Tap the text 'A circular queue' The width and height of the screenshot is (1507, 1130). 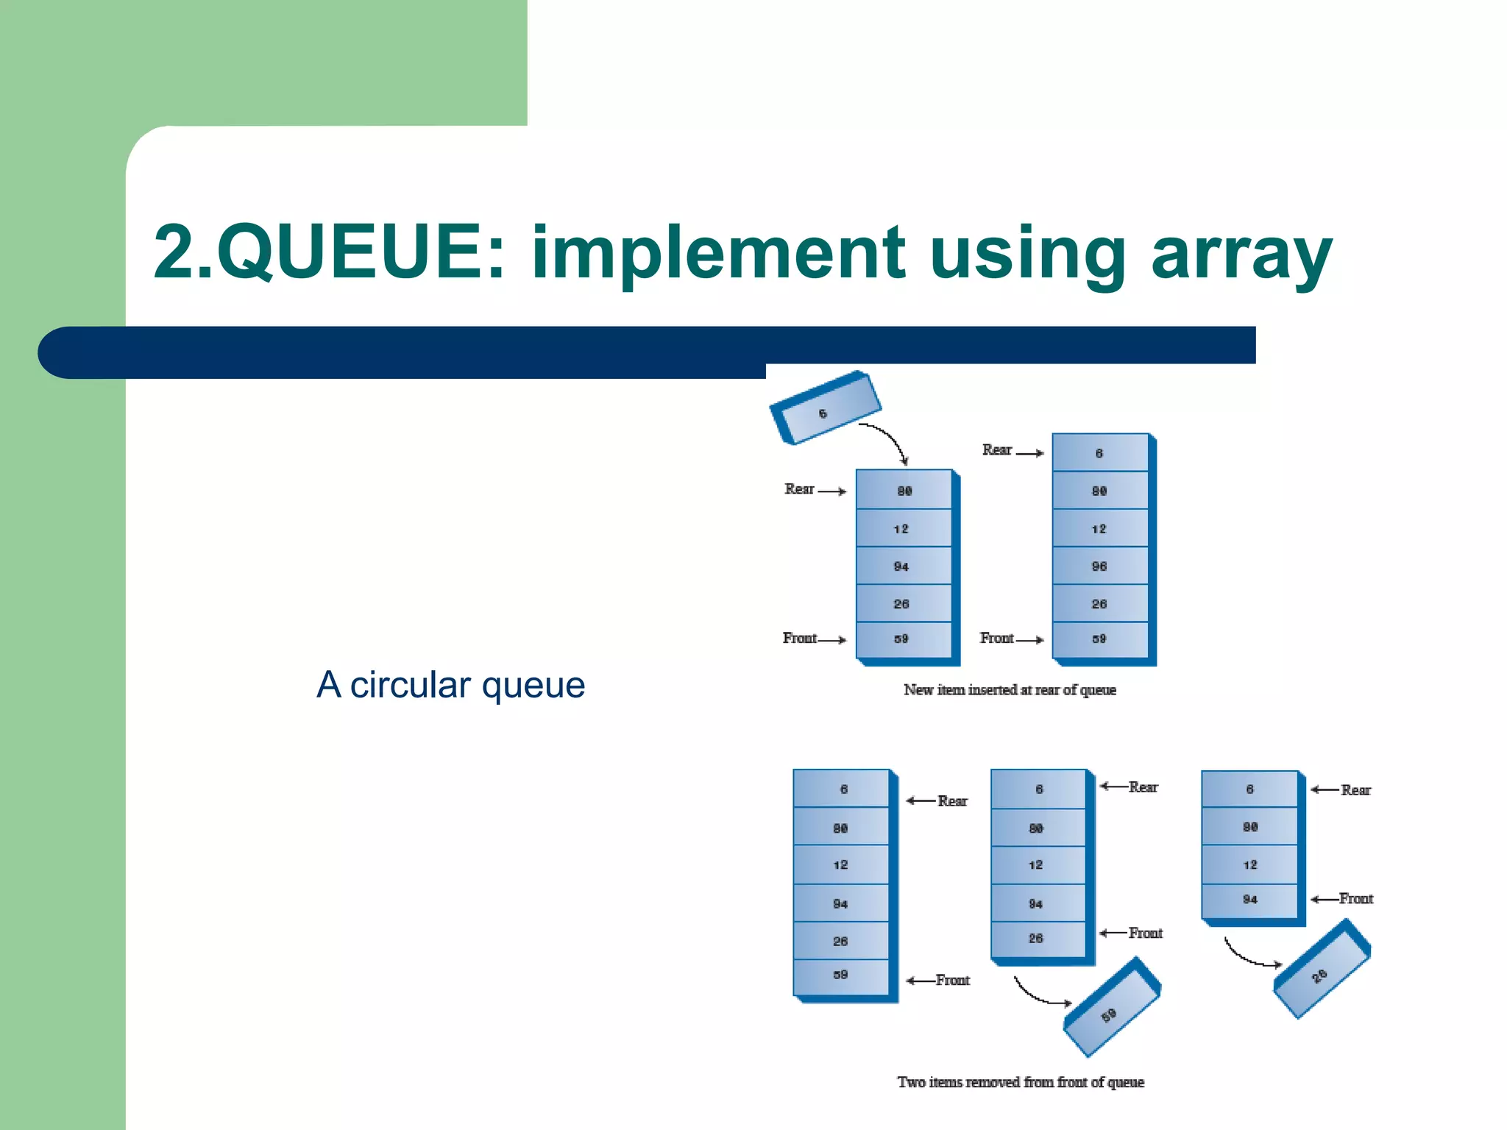click(x=450, y=685)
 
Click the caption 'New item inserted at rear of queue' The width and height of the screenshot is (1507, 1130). click(x=1010, y=690)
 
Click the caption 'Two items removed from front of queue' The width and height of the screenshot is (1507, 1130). click(x=1021, y=1082)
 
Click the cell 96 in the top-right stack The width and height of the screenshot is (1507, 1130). click(x=1099, y=566)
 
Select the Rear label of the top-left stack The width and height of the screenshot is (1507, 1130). click(x=799, y=489)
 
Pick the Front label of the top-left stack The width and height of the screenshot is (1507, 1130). click(x=800, y=639)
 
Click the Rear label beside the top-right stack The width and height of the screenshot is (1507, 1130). click(x=997, y=450)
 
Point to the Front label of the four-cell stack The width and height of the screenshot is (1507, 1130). click(x=1355, y=899)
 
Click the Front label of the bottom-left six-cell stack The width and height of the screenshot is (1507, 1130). click(x=952, y=981)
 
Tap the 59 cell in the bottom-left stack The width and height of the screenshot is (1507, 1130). click(x=840, y=976)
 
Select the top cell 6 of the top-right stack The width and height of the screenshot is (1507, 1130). click(x=1099, y=453)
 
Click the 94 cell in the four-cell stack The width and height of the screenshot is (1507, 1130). click(x=1249, y=900)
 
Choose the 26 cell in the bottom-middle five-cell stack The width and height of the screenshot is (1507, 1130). click(x=1036, y=939)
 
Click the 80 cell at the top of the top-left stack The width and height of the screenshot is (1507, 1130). click(x=904, y=491)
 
